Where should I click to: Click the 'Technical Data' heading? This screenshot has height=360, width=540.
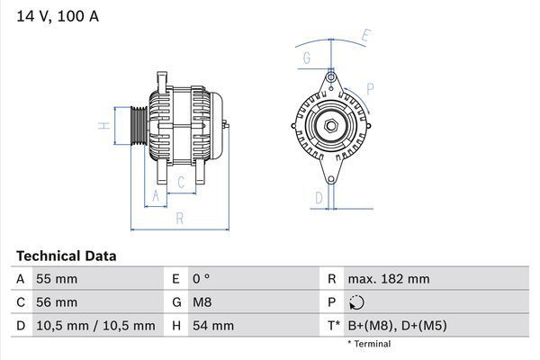coord(66,256)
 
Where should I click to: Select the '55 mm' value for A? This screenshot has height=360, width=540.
coord(56,279)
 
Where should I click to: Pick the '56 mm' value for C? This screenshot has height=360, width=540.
coord(56,302)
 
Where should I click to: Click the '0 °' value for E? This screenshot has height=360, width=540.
coord(200,279)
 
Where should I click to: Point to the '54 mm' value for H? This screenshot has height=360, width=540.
coord(212,326)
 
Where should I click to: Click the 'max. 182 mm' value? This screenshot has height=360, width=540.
coord(390,279)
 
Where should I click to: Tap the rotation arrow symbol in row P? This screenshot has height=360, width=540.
coord(357,303)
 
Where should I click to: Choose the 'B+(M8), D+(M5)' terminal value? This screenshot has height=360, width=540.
coord(396,326)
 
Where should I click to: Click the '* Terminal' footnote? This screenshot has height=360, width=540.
coord(369,344)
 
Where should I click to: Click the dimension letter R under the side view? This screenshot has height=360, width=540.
coord(180,219)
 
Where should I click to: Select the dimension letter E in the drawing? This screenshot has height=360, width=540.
coord(366,36)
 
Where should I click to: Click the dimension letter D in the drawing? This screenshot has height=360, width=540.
coord(318,197)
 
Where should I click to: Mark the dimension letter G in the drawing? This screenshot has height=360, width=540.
coord(307,59)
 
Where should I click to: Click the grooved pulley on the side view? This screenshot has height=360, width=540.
coord(137,126)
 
